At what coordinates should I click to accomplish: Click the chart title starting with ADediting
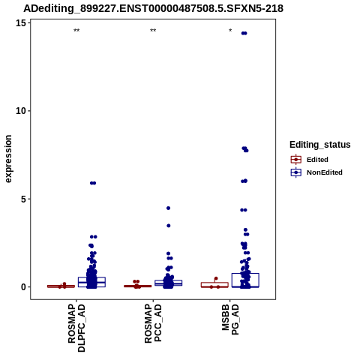pyautogui.click(x=153, y=8)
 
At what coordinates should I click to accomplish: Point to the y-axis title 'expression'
pyautogui.click(x=8, y=159)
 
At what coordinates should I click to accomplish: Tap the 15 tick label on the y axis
pyautogui.click(x=21, y=23)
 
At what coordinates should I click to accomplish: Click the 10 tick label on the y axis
pyautogui.click(x=21, y=111)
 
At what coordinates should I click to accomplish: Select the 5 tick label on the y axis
pyautogui.click(x=24, y=199)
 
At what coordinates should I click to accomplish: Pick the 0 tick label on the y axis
pyautogui.click(x=24, y=287)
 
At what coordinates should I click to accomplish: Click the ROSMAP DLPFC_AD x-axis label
pyautogui.click(x=76, y=328)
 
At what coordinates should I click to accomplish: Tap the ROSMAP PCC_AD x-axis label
pyautogui.click(x=153, y=322)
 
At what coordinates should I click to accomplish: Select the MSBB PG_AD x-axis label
pyautogui.click(x=230, y=319)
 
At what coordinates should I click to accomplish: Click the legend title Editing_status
pyautogui.click(x=319, y=145)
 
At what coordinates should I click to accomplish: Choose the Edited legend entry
pyautogui.click(x=309, y=160)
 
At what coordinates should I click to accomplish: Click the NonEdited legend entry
pyautogui.click(x=316, y=172)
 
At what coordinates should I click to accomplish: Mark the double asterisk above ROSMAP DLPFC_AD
pyautogui.click(x=76, y=31)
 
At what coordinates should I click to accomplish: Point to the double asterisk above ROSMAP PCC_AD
pyautogui.click(x=153, y=31)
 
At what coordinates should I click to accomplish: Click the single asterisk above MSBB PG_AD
pyautogui.click(x=230, y=30)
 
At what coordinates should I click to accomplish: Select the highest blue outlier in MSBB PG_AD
pyautogui.click(x=244, y=33)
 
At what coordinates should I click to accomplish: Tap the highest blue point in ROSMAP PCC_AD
pyautogui.click(x=168, y=208)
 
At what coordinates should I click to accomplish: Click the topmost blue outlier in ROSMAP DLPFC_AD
pyautogui.click(x=93, y=183)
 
